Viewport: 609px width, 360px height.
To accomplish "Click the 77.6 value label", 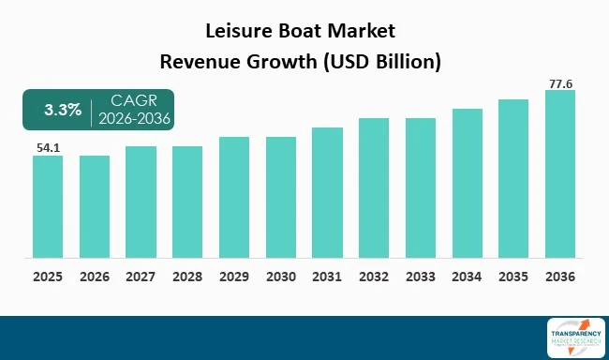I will pos(559,82).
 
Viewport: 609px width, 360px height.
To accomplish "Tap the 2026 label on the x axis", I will pos(95,277).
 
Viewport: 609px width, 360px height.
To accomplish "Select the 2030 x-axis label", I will pos(280,277).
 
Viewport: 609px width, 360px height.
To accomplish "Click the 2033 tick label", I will pos(420,277).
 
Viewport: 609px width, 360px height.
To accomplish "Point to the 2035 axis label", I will pos(512,277).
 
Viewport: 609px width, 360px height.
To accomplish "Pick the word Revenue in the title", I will pos(198,63).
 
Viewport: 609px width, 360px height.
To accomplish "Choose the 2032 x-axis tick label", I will pos(374,277).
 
